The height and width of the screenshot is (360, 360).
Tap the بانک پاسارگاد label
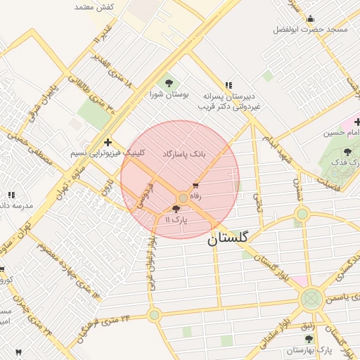(184, 153)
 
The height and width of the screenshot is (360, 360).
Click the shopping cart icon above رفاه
(195, 186)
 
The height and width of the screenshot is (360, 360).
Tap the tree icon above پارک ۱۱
(176, 210)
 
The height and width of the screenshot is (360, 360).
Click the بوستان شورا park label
(166, 94)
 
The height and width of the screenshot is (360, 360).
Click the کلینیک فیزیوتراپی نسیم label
(108, 153)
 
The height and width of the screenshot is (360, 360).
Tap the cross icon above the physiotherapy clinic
(107, 141)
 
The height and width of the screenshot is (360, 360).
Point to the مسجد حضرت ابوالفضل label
(311, 30)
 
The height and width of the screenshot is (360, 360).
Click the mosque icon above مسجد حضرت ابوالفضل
(311, 19)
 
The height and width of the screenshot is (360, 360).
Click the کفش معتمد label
(94, 6)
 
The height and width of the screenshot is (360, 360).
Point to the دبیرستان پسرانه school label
(228, 95)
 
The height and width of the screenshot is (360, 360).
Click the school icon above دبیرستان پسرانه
(229, 84)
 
